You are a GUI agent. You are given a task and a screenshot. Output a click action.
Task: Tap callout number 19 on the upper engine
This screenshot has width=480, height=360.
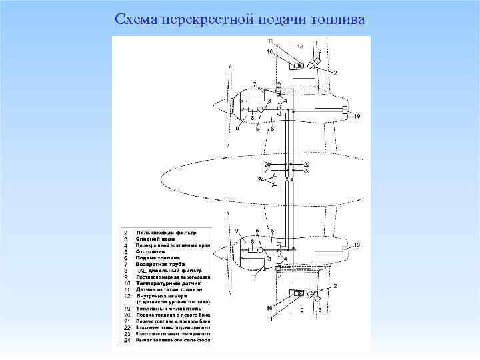(x=357, y=117)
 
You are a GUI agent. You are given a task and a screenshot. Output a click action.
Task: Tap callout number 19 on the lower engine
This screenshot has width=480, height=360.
(x=357, y=246)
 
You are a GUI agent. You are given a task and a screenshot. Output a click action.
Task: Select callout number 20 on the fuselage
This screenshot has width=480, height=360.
(x=267, y=164)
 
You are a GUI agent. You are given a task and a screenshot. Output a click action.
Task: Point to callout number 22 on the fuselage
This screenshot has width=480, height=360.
(x=307, y=164)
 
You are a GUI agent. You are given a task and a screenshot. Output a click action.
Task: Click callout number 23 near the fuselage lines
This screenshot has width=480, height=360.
(x=307, y=171)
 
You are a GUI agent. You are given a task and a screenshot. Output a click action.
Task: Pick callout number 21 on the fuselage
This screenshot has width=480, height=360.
(x=267, y=171)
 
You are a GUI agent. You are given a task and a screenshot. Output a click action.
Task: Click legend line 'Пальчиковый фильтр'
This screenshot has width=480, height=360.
(x=167, y=232)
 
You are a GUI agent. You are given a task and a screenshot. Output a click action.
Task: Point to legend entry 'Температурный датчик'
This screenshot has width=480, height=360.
(x=170, y=283)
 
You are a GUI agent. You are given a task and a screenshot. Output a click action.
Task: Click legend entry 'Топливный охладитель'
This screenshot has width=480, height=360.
(x=171, y=309)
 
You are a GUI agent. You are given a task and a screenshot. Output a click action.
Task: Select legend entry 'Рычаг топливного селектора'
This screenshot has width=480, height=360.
(x=173, y=341)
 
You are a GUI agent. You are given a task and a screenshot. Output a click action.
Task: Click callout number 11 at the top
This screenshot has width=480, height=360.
(x=270, y=41)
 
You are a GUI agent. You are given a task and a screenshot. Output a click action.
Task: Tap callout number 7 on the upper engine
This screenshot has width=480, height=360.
(x=254, y=83)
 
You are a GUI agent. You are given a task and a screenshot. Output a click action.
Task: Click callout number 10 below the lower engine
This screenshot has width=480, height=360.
(x=269, y=307)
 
